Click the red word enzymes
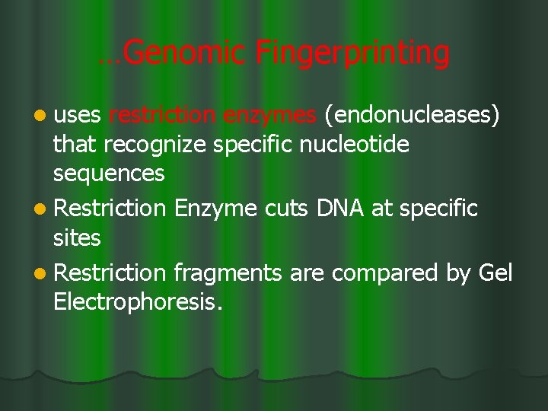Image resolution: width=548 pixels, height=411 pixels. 270,116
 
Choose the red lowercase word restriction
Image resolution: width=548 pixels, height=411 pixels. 163,115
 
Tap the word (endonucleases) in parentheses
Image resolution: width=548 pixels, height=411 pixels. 413,116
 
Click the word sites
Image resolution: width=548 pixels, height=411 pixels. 76,238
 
